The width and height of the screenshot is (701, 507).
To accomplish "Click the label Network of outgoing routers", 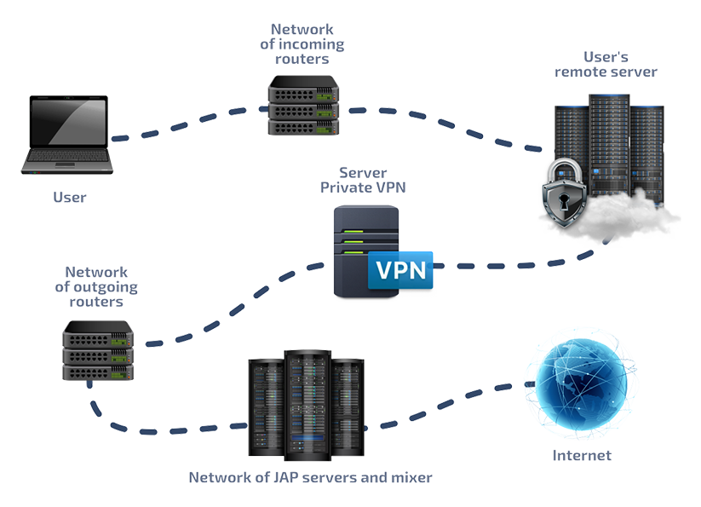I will [x=96, y=287].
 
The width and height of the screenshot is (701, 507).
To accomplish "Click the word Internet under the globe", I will [x=584, y=456].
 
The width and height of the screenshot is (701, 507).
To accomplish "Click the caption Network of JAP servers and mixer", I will [x=310, y=478].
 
